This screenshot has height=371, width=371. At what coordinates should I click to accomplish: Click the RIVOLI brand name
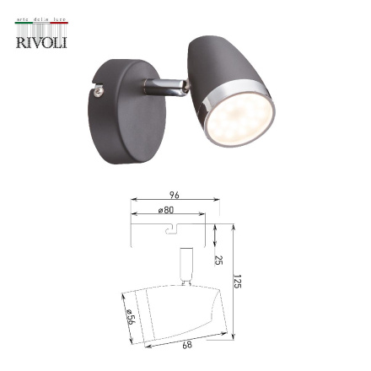point(40,41)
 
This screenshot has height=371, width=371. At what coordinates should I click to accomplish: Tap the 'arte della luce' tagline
point(40,20)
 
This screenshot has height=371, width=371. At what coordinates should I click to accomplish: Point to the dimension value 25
point(218,260)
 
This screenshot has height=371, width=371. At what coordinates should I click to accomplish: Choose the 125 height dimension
point(237,281)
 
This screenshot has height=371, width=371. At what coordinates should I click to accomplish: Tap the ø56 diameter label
point(130,318)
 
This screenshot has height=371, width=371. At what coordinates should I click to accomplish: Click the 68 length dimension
point(186,344)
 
